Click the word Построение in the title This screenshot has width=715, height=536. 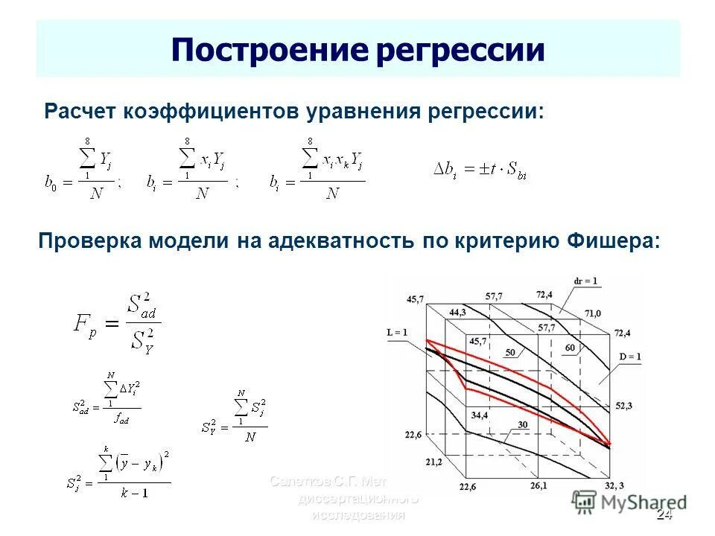point(267,50)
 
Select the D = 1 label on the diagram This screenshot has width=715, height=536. point(630,356)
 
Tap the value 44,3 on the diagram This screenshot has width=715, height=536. point(457,312)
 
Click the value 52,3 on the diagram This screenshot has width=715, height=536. point(624,406)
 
